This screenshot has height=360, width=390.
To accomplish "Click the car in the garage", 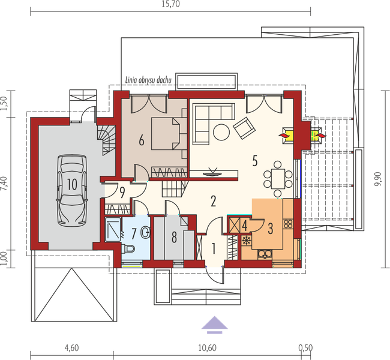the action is (x=72, y=190).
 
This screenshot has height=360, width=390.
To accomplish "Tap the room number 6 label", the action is (x=141, y=141).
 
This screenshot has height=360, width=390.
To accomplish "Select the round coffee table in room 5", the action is (x=221, y=132).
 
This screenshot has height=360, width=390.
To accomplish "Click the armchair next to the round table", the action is (x=244, y=128).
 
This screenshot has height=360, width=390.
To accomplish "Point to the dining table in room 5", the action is (x=278, y=178).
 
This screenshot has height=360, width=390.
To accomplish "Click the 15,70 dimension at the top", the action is (x=170, y=4).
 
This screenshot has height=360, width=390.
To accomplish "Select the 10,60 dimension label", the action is (x=207, y=348).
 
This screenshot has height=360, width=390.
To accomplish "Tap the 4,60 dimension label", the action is (x=71, y=348).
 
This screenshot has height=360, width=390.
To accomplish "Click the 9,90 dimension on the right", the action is (x=380, y=179).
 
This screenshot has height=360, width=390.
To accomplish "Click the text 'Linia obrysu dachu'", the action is (x=148, y=80).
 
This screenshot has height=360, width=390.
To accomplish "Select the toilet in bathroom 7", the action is (x=128, y=248).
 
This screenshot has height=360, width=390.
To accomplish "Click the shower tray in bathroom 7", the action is (x=113, y=229).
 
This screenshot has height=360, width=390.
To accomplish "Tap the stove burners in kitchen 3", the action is (x=288, y=223).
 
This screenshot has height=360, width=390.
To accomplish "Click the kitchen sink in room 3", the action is (x=265, y=254).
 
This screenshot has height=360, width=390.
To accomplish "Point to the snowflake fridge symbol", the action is (x=247, y=241).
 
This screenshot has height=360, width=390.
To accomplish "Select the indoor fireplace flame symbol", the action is (x=284, y=136).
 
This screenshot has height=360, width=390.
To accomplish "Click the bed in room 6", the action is (x=165, y=134).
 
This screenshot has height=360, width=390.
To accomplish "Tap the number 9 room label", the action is (x=122, y=193).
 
